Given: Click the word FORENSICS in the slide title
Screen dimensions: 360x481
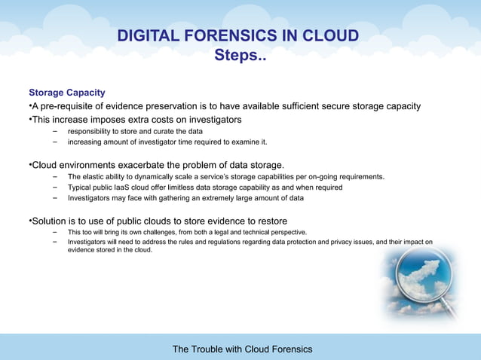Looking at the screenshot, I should coord(225,37).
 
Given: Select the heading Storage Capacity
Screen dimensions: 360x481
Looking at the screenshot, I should coord(66,93).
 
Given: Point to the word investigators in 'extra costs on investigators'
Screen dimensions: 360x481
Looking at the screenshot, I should coord(214,120).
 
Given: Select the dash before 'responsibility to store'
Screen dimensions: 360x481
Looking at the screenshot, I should coord(55,131).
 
